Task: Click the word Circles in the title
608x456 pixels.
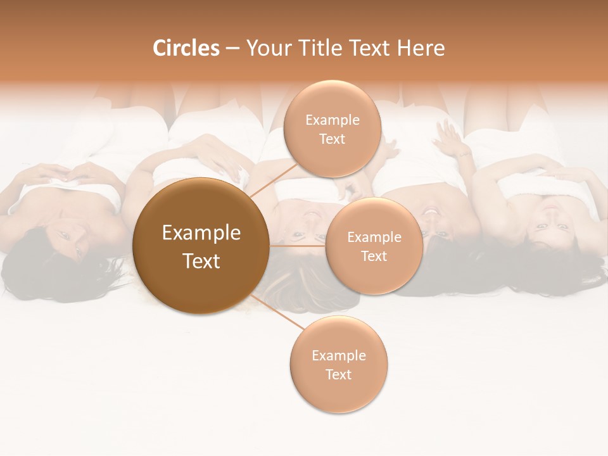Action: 186,48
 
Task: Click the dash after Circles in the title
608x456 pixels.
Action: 232,49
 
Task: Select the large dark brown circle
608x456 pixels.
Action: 201,246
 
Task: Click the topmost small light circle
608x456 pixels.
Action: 332,129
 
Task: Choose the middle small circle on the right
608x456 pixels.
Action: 374,246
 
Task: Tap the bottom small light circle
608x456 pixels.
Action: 339,364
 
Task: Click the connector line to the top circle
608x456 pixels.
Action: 272,180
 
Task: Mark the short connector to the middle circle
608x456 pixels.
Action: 297,245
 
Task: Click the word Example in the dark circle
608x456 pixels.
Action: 201,233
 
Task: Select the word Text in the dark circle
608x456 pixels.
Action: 201,261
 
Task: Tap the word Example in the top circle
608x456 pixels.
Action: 332,120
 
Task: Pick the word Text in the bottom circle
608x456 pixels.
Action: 339,374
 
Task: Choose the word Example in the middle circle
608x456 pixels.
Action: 374,237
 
